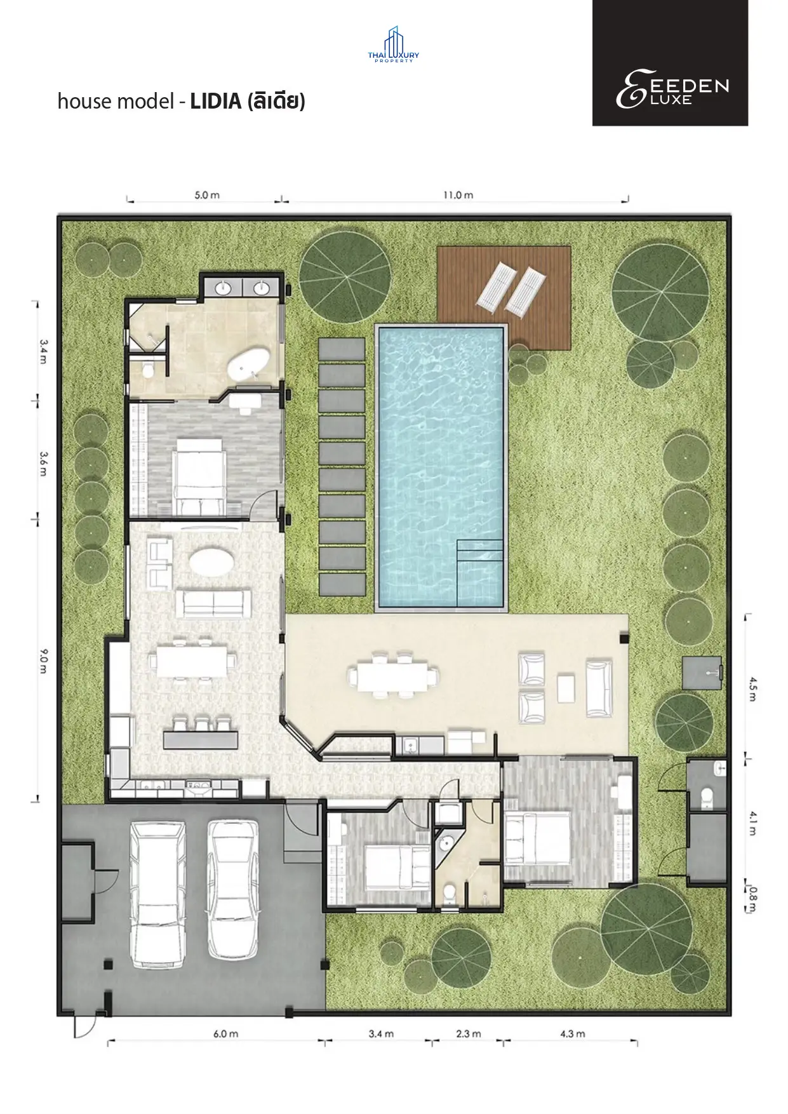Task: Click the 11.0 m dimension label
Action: pos(458,195)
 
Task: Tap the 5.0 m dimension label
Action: pos(207,195)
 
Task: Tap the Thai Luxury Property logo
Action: pos(394,44)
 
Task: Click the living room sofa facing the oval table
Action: pos(212,603)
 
